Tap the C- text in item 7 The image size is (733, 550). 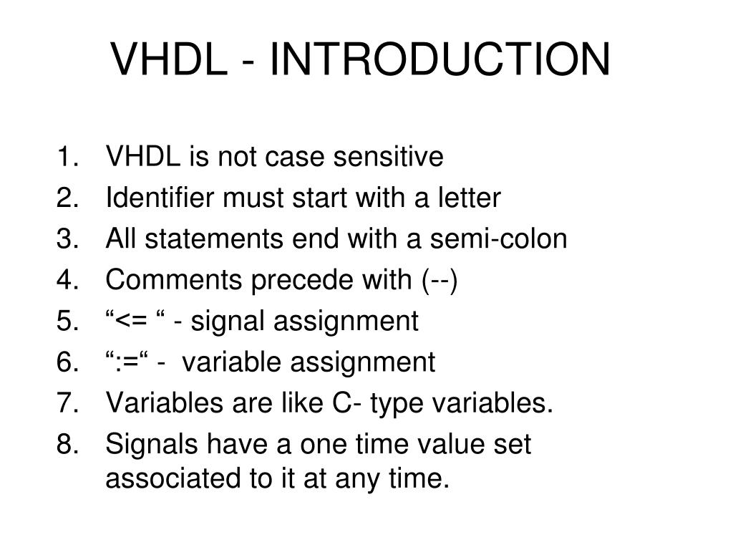point(346,404)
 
